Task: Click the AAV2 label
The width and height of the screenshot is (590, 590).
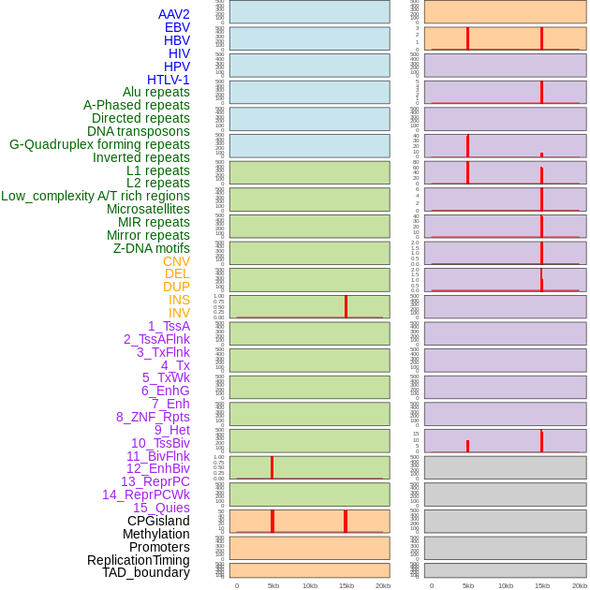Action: pyautogui.click(x=173, y=14)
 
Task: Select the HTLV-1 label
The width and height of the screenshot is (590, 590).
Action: pyautogui.click(x=168, y=80)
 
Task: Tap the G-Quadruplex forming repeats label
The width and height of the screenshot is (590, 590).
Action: pyautogui.click(x=99, y=144)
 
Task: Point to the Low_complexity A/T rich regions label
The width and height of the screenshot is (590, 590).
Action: pyautogui.click(x=95, y=196)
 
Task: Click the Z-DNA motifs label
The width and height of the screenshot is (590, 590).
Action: pyautogui.click(x=151, y=248)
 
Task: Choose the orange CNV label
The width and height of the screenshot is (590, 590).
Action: pyautogui.click(x=176, y=261)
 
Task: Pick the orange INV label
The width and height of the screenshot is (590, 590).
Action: pyautogui.click(x=179, y=313)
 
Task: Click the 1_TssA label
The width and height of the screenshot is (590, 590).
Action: pyautogui.click(x=169, y=326)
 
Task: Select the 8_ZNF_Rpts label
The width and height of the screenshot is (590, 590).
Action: pyautogui.click(x=153, y=417)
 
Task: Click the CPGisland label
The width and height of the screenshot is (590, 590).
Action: pyautogui.click(x=158, y=521)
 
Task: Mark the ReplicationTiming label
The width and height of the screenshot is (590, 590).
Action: pyautogui.click(x=138, y=560)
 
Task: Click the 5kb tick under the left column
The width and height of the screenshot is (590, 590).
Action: pyautogui.click(x=273, y=585)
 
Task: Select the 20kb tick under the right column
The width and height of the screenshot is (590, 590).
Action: pyautogui.click(x=579, y=585)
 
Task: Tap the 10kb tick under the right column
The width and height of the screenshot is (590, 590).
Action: pyautogui.click(x=506, y=585)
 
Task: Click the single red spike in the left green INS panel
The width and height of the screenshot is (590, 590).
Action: pyautogui.click(x=346, y=306)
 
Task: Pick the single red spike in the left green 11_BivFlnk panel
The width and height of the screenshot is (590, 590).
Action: pyautogui.click(x=272, y=467)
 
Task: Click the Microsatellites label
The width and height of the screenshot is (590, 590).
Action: pyautogui.click(x=148, y=209)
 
